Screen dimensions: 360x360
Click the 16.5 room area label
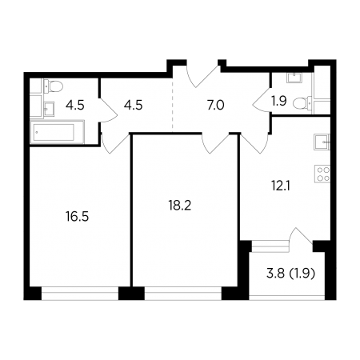pyautogui.click(x=77, y=217)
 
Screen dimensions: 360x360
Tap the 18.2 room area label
pyautogui.click(x=180, y=206)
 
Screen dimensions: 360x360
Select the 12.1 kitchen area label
pyautogui.click(x=281, y=186)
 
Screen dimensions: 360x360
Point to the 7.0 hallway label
pyautogui.click(x=215, y=106)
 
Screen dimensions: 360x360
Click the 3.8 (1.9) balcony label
pyautogui.click(x=291, y=274)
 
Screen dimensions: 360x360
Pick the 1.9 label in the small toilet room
pyautogui.click(x=279, y=101)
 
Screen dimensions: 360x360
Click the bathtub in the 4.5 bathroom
pyautogui.click(x=57, y=132)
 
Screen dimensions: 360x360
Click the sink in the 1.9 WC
pyautogui.click(x=294, y=77)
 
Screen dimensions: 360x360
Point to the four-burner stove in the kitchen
pyautogui.click(x=322, y=174)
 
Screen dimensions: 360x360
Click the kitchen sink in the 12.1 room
pyautogui.click(x=322, y=142)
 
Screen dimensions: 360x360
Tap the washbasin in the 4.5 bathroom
pyautogui.click(x=49, y=110)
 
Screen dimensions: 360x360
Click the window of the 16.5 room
pyautogui.click(x=80, y=293)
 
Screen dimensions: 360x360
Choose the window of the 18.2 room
pyautogui.click(x=183, y=293)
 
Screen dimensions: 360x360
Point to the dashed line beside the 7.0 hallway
pyautogui.click(x=173, y=106)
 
